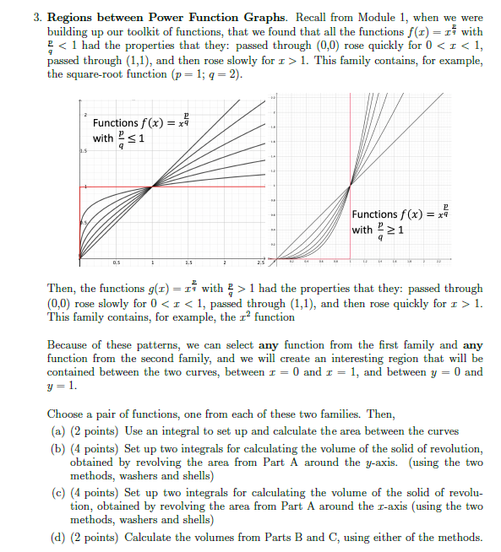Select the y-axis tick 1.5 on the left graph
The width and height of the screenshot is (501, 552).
point(84,150)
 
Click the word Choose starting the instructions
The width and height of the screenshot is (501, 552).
point(67,414)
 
